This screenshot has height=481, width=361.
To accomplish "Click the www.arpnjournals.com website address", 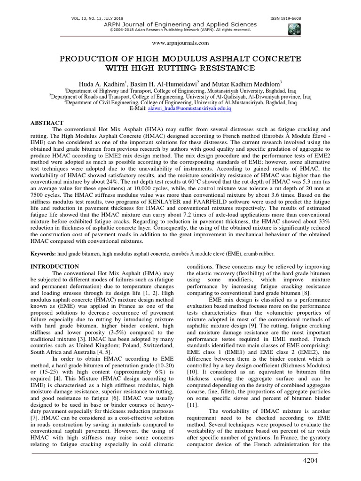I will coord(180,43).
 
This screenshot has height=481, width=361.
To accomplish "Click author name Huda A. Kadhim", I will coord(101,81).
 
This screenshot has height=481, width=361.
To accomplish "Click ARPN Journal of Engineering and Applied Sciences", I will coord(180,24).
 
